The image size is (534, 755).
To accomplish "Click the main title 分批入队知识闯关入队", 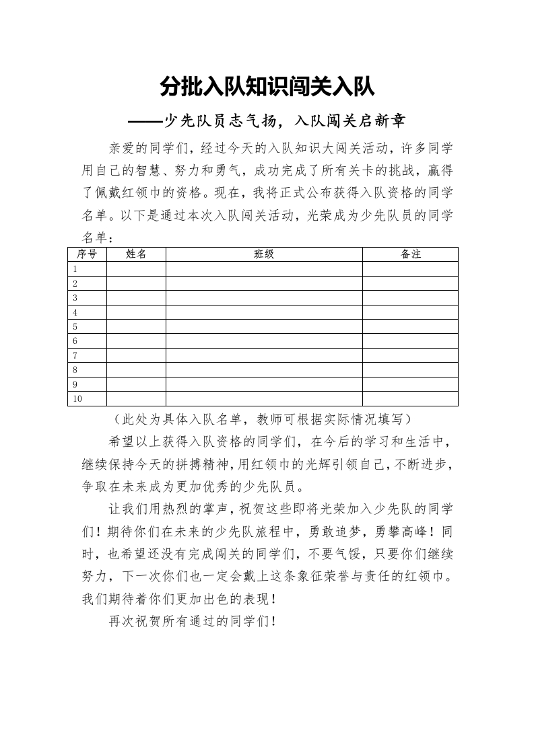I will point(267,87).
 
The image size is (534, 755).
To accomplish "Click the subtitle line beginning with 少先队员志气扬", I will point(267,121).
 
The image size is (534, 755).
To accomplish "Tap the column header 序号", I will point(87,254).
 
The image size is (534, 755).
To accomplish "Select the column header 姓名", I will point(136,254).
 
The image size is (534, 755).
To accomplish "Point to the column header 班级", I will point(264,254).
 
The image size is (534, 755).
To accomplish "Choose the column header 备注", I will point(410,254).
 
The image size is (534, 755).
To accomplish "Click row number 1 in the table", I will point(75,268).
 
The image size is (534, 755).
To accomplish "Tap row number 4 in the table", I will point(75,312).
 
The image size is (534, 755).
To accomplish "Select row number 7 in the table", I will point(75,355).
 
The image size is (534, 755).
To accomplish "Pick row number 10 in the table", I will point(77,399).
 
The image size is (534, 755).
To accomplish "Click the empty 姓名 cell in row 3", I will point(136,297).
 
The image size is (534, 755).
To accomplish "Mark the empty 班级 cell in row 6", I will point(264,341).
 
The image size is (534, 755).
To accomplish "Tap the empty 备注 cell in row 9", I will point(410,384).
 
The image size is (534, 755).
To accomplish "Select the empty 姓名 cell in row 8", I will point(136,370).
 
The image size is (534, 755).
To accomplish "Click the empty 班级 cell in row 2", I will point(264,283).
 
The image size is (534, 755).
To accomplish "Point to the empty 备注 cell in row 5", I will point(410,326).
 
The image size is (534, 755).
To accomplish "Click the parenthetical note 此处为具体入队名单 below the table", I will point(267,419).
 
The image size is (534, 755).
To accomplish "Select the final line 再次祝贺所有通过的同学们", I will point(193,621).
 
